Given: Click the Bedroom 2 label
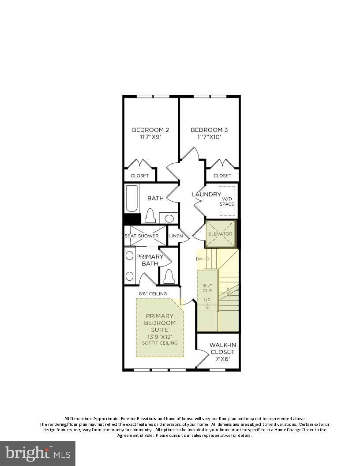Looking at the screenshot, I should (150, 130).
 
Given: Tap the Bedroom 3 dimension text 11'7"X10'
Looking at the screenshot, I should (209, 137).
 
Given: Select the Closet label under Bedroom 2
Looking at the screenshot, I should (139, 176).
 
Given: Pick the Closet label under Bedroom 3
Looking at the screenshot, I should (222, 176).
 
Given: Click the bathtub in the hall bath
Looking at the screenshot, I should (132, 199).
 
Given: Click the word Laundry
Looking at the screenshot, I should (206, 194).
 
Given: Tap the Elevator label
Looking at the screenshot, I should (220, 234).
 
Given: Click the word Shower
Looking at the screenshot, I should (148, 236).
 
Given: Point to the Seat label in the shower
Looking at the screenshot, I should (130, 236).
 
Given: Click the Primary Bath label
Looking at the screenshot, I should (150, 260).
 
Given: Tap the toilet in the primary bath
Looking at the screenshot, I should (168, 277).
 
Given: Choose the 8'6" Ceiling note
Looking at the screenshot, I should (153, 293).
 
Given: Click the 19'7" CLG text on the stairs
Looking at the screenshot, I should (207, 288).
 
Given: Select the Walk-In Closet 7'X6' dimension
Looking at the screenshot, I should (222, 359).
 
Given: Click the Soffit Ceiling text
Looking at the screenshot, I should (160, 343).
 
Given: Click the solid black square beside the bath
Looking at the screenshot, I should (131, 219).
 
